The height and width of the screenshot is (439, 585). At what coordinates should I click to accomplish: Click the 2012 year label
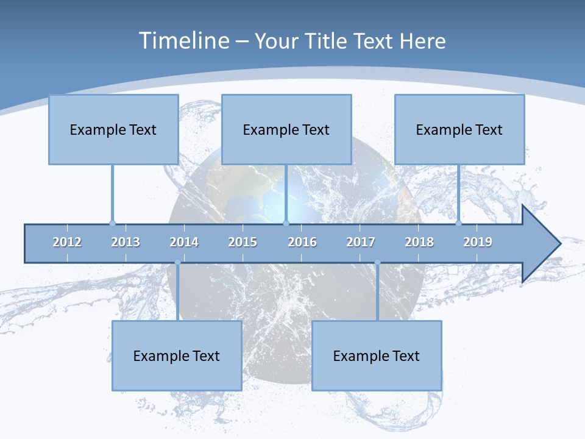tap(67, 242)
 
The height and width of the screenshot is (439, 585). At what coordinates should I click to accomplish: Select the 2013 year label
tap(126, 242)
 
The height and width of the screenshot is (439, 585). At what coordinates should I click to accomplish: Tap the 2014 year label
tap(184, 242)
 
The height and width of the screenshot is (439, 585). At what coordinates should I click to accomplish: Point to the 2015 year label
tap(243, 242)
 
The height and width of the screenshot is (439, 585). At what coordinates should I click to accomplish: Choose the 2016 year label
tap(302, 242)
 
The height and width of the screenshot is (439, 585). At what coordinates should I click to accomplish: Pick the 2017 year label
tap(361, 242)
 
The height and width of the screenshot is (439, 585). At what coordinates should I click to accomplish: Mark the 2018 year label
tap(419, 242)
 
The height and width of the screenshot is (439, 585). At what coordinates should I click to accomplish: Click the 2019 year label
tap(478, 242)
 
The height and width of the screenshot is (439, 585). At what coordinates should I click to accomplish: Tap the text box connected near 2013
tap(113, 129)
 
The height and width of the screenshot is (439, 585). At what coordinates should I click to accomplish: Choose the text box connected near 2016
tap(286, 129)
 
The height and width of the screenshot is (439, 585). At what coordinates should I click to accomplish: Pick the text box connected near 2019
tap(459, 129)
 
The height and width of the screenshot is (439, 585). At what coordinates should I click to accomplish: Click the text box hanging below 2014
tap(177, 355)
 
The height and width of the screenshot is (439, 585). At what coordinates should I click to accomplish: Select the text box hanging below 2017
tap(377, 355)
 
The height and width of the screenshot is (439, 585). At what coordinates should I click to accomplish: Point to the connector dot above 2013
tap(112, 223)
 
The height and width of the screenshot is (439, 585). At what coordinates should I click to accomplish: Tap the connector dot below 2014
tap(177, 262)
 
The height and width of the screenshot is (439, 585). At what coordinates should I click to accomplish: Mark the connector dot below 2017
tap(377, 262)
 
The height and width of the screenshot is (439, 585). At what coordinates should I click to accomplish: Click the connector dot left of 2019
tap(459, 223)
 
